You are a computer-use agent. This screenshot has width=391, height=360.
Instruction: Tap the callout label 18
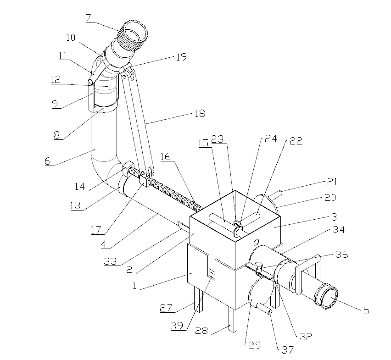[x=199, y=114]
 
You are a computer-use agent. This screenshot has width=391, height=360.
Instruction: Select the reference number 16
[x=165, y=157]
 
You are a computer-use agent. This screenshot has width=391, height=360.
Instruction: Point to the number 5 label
[x=366, y=310]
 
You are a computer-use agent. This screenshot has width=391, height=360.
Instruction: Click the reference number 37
[x=287, y=349]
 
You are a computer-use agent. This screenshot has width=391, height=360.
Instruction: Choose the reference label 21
[x=332, y=182]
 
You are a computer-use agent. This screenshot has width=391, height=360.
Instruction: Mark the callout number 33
[x=111, y=261]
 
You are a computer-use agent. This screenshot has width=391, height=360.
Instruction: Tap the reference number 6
[x=47, y=161]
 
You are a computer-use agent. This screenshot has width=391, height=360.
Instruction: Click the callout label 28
[x=201, y=331]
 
